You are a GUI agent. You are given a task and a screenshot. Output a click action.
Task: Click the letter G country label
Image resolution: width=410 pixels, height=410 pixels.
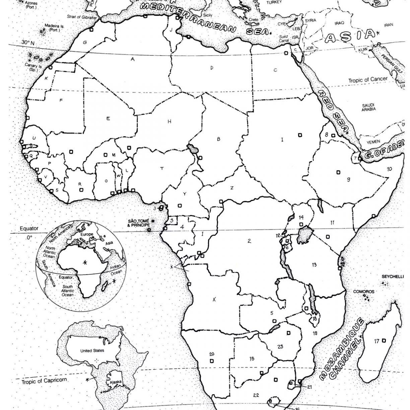[x=85, y=42]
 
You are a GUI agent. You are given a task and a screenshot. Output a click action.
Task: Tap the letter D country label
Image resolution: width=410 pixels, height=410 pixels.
[x=212, y=68]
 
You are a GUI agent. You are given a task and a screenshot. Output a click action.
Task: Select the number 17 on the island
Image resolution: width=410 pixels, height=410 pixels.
[x=377, y=341]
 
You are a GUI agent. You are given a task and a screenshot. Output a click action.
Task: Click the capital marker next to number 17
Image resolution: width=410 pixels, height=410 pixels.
[x=384, y=341]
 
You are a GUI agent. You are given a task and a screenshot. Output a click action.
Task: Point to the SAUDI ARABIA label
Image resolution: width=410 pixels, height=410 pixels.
[x=368, y=107]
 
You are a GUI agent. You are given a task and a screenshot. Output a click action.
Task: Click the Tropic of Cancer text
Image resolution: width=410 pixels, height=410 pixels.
[x=368, y=80]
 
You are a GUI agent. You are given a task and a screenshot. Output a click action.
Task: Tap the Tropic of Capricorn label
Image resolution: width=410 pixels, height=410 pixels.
[x=44, y=381]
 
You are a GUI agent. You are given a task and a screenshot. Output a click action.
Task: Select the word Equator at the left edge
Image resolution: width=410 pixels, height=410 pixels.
[x=29, y=228]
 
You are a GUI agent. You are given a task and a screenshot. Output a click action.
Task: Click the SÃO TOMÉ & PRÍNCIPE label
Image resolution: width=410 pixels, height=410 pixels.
[x=137, y=223]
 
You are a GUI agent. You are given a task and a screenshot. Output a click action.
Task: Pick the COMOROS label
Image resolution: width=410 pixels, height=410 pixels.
[x=362, y=291]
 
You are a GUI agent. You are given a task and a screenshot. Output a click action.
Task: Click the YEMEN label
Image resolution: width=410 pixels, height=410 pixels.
[x=373, y=142]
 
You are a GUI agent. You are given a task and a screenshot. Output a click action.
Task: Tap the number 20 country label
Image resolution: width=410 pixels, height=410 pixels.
[x=212, y=354]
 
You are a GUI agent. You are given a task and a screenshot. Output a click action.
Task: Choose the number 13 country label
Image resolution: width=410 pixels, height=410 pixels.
[x=314, y=265]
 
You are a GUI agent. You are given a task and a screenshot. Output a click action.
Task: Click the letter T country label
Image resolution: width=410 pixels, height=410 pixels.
[x=162, y=168]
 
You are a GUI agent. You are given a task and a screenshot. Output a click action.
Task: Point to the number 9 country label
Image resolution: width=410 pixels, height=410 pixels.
[x=348, y=180]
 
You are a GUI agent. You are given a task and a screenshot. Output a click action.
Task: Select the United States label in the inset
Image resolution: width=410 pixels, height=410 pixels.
[x=92, y=350]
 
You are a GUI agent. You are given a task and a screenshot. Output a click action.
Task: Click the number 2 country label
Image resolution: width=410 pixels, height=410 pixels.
[x=249, y=241]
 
